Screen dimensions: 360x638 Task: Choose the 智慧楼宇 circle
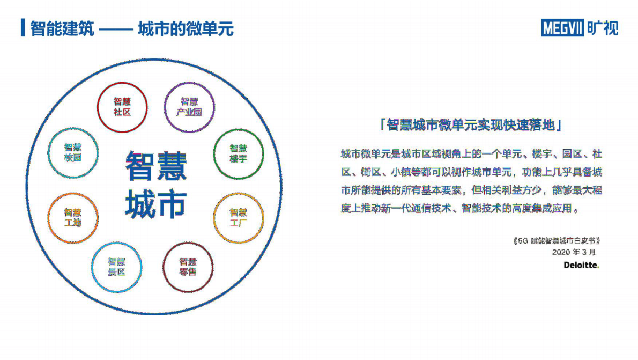238,153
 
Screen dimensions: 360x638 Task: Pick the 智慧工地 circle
73,217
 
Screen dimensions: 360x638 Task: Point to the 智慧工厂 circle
239,217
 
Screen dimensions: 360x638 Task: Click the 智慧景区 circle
116,267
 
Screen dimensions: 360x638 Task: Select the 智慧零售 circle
188,267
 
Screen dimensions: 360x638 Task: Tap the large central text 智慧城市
156,185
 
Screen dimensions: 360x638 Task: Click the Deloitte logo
581,265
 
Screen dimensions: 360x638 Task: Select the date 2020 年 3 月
573,252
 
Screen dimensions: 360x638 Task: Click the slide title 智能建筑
62,28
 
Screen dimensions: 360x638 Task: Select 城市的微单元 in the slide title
186,28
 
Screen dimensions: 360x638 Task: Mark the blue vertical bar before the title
23,28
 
